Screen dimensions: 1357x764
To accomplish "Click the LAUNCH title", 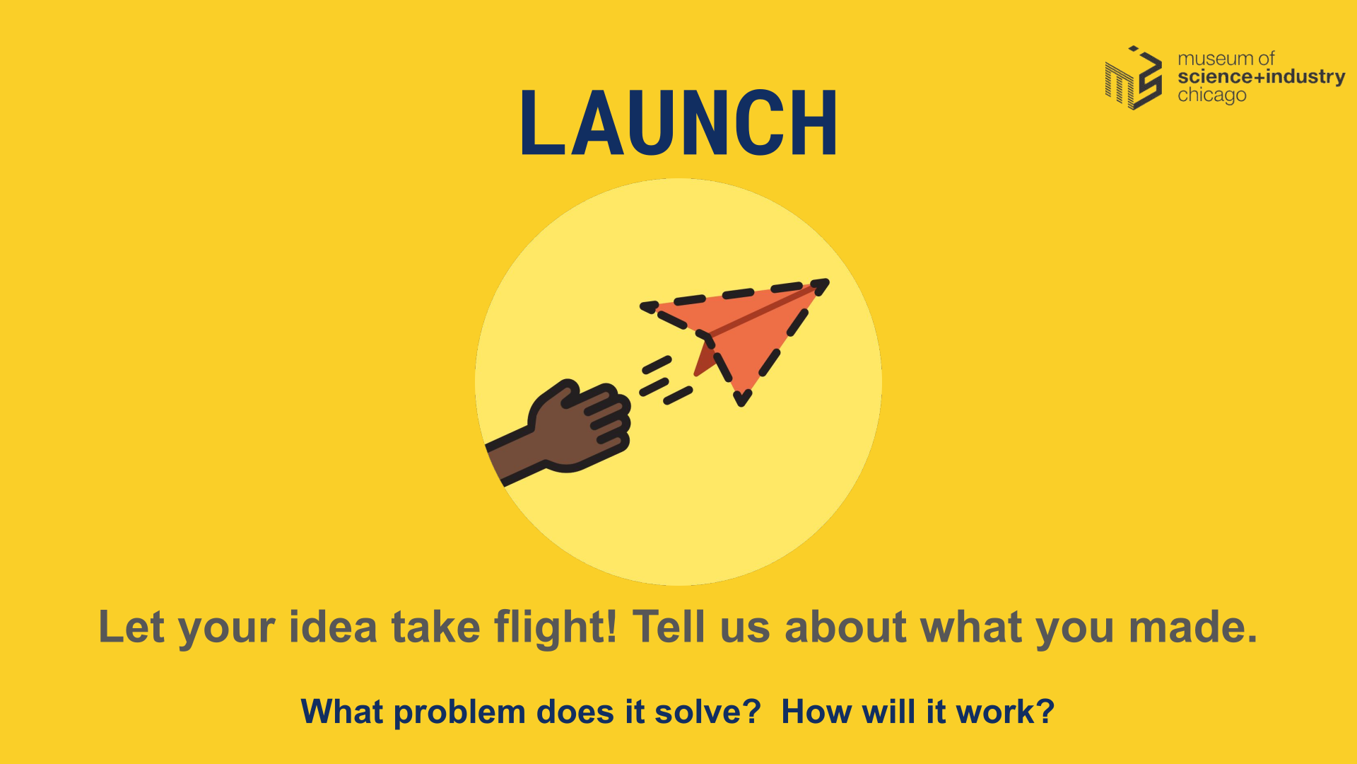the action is point(678,123).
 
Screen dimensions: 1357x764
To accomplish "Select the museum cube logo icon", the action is point(1134,78).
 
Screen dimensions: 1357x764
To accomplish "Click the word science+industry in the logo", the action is point(1261,76).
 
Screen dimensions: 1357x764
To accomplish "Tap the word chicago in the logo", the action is point(1211,95).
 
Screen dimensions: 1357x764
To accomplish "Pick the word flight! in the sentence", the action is point(556,627).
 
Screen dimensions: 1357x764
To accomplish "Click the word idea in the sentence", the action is point(333,627).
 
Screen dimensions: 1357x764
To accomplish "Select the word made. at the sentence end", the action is point(1193,627).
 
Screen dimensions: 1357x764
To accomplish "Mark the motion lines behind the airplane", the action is point(666,381).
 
